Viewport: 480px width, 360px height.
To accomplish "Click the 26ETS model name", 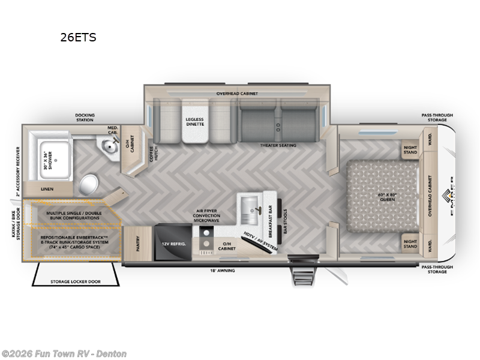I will tap(78, 37).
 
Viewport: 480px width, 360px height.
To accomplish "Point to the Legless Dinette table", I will tap(194, 122).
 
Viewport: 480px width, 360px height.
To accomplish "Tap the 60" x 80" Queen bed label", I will tap(385, 197).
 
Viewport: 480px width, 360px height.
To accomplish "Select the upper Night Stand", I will tap(410, 150).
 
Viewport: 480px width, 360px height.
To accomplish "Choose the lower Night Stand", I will tap(410, 244).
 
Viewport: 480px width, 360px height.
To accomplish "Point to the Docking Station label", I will tap(85, 118).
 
